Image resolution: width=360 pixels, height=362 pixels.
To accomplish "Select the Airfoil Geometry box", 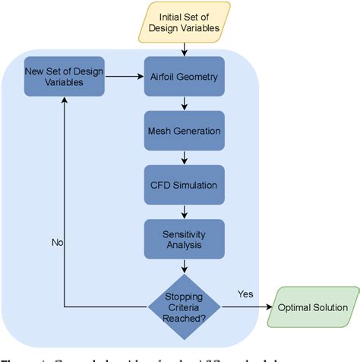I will click(185, 76).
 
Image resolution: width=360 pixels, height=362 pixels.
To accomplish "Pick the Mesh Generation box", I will click(185, 130).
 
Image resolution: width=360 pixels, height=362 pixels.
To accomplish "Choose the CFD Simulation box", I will click(185, 185).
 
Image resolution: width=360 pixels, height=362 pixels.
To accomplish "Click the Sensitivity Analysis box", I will click(185, 237).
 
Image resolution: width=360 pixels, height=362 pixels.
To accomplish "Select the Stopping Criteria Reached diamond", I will click(185, 306).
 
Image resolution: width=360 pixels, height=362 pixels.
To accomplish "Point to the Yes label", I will click(245, 294).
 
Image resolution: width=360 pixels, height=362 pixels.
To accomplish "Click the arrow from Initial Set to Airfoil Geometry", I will click(185, 49).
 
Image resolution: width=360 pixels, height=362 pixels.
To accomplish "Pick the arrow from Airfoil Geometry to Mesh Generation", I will click(185, 103).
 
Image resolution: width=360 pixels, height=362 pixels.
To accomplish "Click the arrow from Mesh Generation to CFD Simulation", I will click(185, 157).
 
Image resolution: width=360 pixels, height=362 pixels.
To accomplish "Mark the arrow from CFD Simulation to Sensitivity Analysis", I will click(185, 211).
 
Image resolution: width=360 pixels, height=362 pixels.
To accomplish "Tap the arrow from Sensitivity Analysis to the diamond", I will click(185, 266).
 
